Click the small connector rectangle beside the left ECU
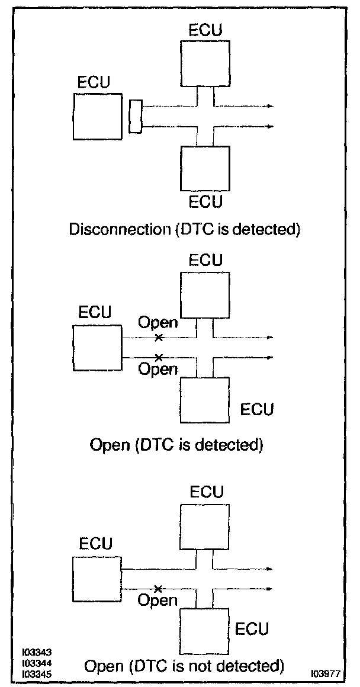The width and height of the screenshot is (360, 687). pyautogui.click(x=135, y=116)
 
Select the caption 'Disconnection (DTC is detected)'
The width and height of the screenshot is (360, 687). pyautogui.click(x=185, y=229)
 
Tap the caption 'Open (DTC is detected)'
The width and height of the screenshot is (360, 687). pyautogui.click(x=175, y=444)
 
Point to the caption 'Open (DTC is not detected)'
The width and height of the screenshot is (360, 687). pyautogui.click(x=184, y=667)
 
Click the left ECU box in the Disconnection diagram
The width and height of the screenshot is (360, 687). pyautogui.click(x=98, y=118)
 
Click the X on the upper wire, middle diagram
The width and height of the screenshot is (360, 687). pyautogui.click(x=158, y=338)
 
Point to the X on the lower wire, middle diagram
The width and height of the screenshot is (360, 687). pyautogui.click(x=158, y=357)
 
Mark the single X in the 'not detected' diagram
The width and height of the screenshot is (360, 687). pyautogui.click(x=157, y=589)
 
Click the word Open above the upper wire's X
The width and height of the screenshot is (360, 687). pyautogui.click(x=158, y=323)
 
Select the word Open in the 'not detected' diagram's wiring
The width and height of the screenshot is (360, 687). pyautogui.click(x=158, y=601)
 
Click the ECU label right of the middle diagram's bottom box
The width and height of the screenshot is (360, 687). pyautogui.click(x=257, y=409)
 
